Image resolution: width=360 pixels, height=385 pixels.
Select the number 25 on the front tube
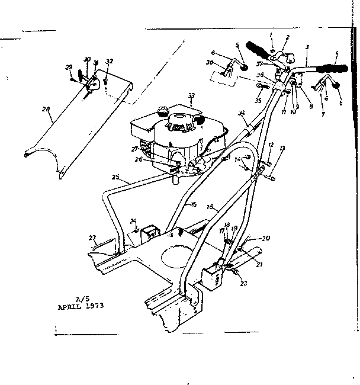(x=115, y=177)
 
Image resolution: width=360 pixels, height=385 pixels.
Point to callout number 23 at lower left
(x=92, y=238)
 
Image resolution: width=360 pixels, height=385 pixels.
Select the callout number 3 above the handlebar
(x=307, y=46)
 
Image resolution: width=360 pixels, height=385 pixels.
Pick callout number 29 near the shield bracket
(x=69, y=68)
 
